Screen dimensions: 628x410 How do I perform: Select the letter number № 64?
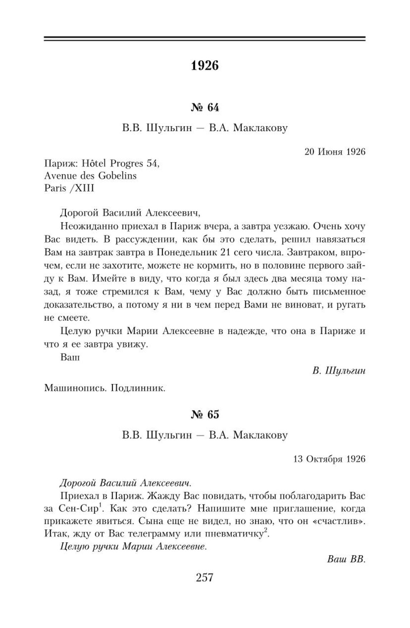pyautogui.click(x=205, y=107)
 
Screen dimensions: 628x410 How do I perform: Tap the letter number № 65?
pyautogui.click(x=205, y=414)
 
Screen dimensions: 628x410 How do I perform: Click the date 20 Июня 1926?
pyautogui.click(x=335, y=152)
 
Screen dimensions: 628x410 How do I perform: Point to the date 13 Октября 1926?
pyautogui.click(x=329, y=459)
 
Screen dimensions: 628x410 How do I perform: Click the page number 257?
pyautogui.click(x=205, y=577)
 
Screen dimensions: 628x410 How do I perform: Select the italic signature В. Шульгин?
pyautogui.click(x=339, y=371)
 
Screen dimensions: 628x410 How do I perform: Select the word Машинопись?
pyautogui.click(x=75, y=388)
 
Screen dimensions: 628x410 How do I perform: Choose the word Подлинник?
pyautogui.click(x=138, y=388)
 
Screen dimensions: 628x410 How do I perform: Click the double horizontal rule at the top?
pyautogui.click(x=205, y=38)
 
